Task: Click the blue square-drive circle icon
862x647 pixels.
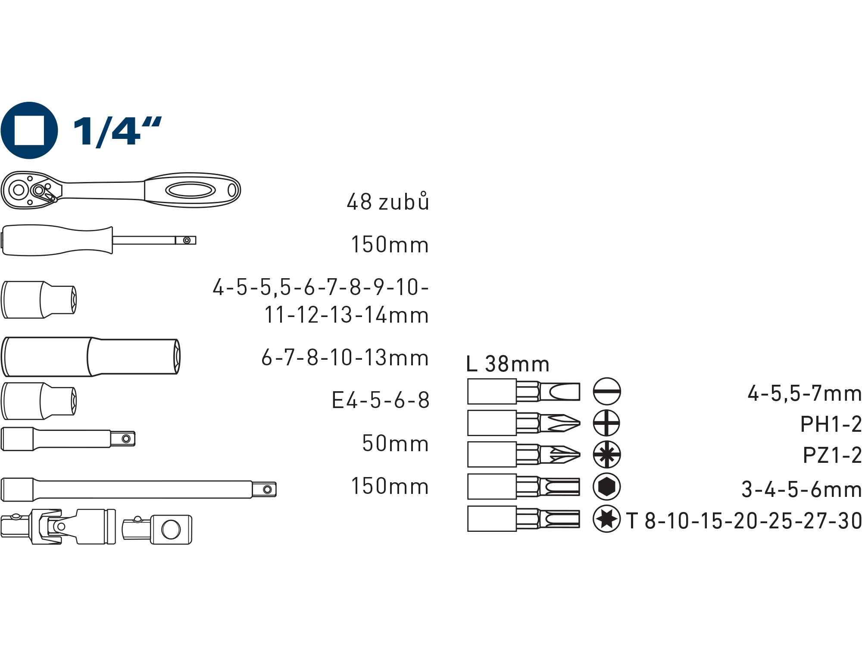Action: (x=29, y=130)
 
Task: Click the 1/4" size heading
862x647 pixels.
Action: (x=117, y=131)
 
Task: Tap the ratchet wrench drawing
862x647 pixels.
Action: (x=121, y=190)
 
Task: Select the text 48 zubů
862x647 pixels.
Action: (x=388, y=201)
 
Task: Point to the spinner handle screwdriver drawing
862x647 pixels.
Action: (x=99, y=240)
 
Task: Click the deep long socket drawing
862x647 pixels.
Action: (x=91, y=356)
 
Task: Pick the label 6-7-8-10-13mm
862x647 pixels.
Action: (x=345, y=358)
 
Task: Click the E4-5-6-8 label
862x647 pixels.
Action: (x=381, y=400)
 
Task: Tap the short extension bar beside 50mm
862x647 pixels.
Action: (x=68, y=439)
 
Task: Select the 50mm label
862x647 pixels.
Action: (x=396, y=443)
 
